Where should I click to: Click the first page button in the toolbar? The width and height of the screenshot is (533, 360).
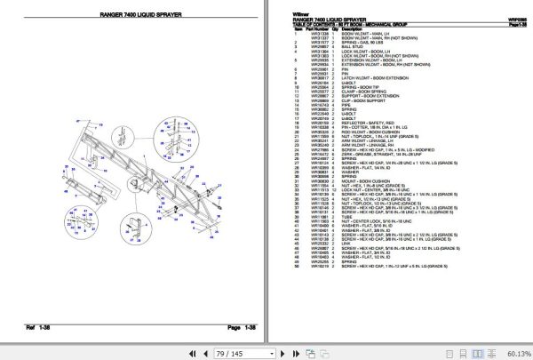188,353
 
